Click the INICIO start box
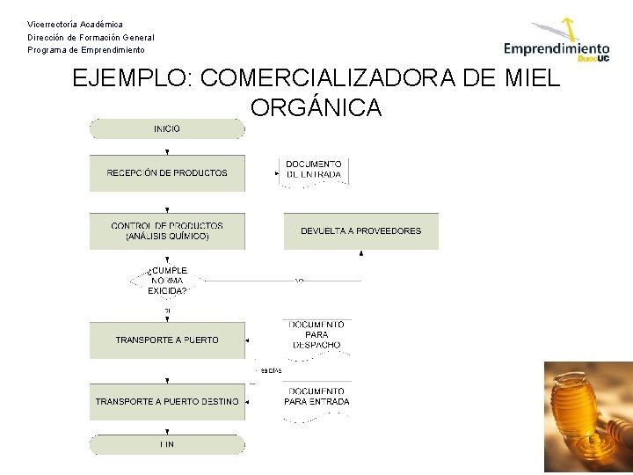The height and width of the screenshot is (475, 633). coord(167,129)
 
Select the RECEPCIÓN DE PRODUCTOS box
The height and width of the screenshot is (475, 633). coord(167,173)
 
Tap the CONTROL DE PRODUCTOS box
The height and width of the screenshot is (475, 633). coord(167,231)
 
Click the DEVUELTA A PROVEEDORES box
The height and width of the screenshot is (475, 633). coord(360,231)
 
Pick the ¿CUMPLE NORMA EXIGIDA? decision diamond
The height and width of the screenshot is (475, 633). coord(167,281)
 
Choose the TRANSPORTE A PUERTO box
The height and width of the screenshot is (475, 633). coord(167,340)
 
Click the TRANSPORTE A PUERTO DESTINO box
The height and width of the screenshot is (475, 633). coord(167,402)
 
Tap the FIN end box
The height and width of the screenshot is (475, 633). coord(167,444)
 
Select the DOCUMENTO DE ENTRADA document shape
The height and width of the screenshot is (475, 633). coord(315,170)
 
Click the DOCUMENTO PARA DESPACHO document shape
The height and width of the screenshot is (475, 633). coord(316,335)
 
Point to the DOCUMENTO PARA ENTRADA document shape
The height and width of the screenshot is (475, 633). coord(316,398)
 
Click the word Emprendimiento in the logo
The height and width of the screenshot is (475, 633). coord(556,49)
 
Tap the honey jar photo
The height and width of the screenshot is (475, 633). coord(587,417)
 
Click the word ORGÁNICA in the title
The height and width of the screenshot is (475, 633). coord(316,107)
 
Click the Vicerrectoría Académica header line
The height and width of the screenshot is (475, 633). coord(75,24)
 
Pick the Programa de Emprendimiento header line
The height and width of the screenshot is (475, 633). coord(86,50)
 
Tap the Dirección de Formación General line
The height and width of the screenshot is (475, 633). coord(91,37)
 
